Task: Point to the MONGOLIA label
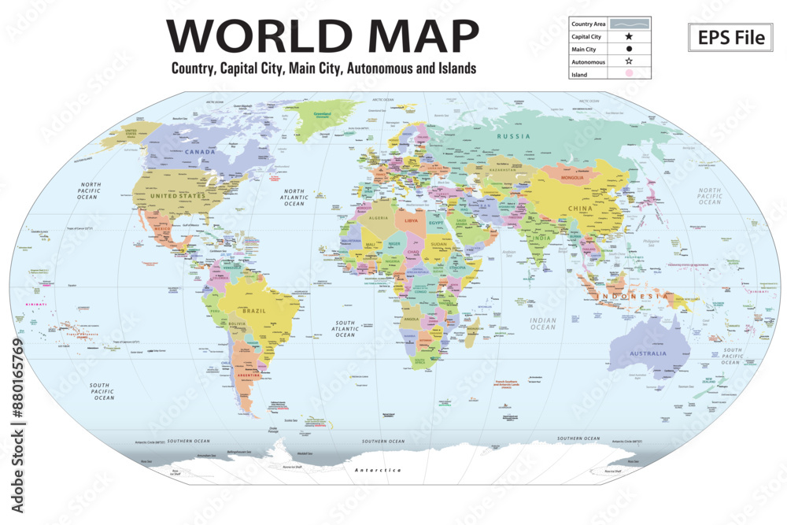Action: pos(571,178)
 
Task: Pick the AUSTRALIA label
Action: pos(647,353)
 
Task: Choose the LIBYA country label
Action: pos(411,221)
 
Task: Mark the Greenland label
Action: pos(323,114)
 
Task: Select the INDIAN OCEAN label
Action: pos(543,324)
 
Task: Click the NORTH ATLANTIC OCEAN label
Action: pos(294,198)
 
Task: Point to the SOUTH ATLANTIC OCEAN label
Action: pos(345,329)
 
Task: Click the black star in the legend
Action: pos(629,36)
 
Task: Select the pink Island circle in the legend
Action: pos(629,74)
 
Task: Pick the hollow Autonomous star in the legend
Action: pos(629,61)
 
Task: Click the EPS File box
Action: pos(730,37)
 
